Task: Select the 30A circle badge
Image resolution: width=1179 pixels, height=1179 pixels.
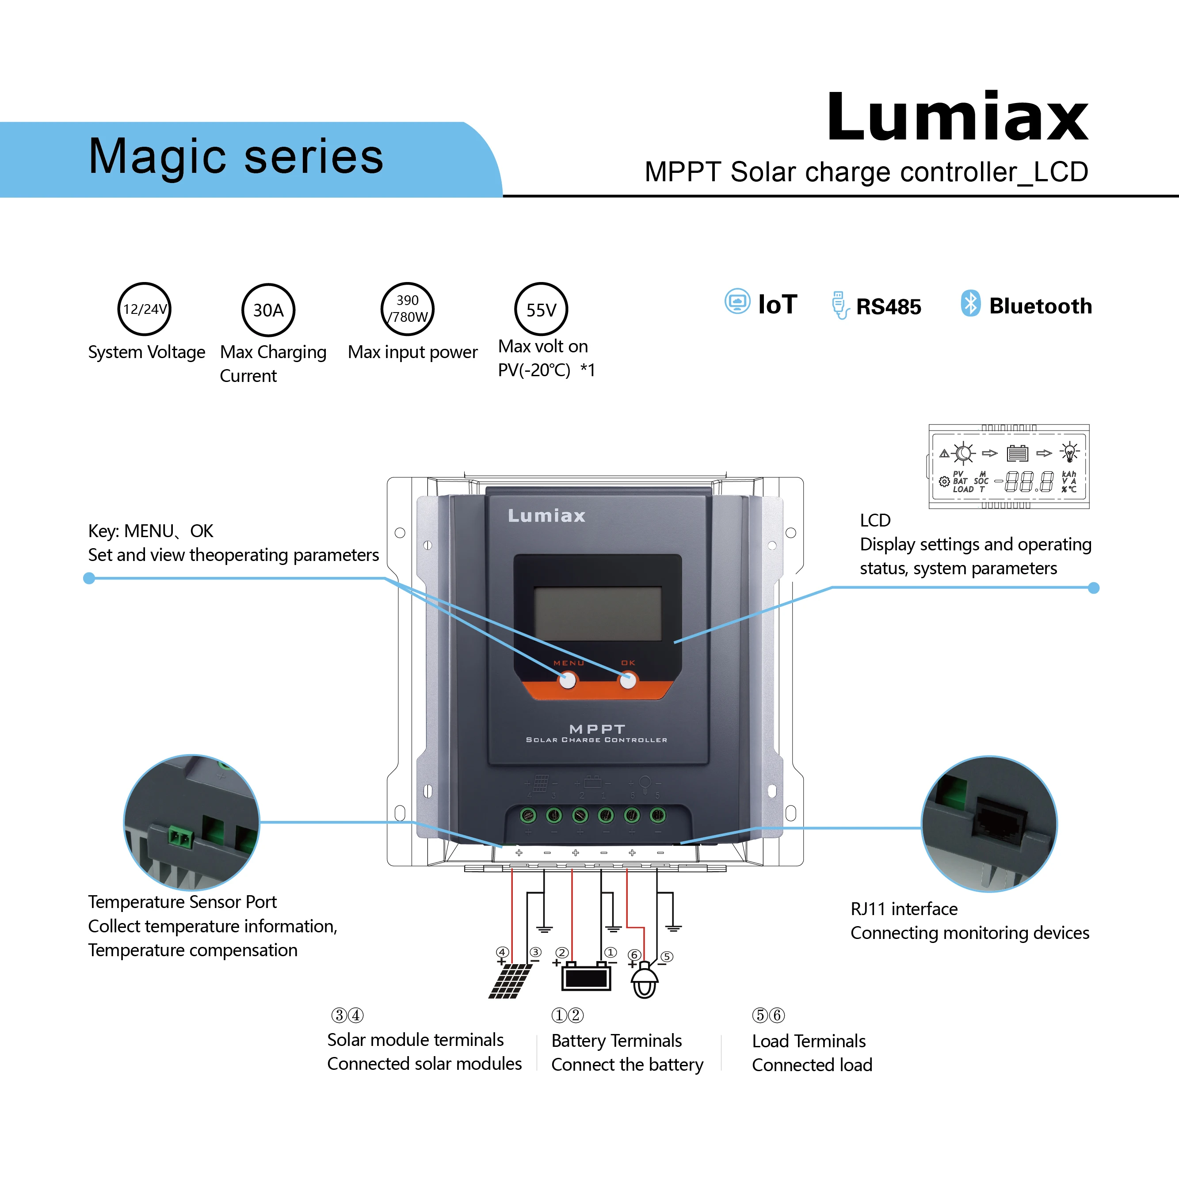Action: (268, 310)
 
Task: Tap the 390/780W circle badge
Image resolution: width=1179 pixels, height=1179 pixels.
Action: (407, 309)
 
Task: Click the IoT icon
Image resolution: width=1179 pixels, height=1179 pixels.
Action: (737, 302)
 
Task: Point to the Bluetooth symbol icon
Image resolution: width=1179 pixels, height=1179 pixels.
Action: (970, 303)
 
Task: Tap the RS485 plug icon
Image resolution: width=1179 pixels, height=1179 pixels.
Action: (839, 305)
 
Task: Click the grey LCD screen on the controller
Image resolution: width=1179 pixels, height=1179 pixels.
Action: (597, 613)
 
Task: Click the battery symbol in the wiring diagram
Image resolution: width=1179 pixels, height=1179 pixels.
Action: (585, 977)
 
